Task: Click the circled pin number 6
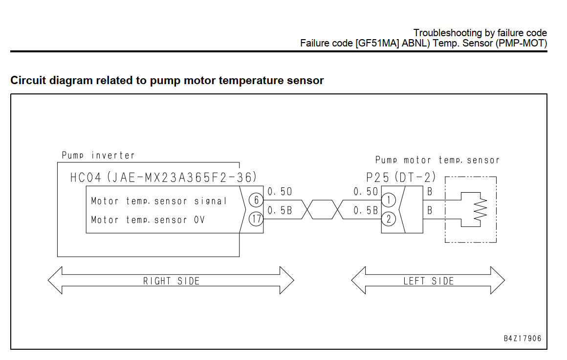pyautogui.click(x=256, y=200)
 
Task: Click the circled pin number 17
pyautogui.click(x=256, y=219)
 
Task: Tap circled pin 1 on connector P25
pyautogui.click(x=389, y=200)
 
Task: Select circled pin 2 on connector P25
pyautogui.click(x=389, y=219)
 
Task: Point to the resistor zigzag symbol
pyautogui.click(x=480, y=209)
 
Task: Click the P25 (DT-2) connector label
pyautogui.click(x=401, y=177)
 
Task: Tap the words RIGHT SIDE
pyautogui.click(x=172, y=281)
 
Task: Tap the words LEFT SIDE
pyautogui.click(x=429, y=281)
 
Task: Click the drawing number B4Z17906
pyautogui.click(x=523, y=338)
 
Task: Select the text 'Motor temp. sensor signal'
pyautogui.click(x=159, y=201)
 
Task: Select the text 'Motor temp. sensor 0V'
pyautogui.click(x=148, y=220)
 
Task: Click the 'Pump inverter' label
pyautogui.click(x=98, y=156)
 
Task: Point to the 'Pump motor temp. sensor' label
pyautogui.click(x=437, y=160)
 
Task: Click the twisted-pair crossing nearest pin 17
pyautogui.click(x=306, y=209)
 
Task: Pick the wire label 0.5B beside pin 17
pyautogui.click(x=280, y=211)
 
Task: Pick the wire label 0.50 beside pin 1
pyautogui.click(x=366, y=192)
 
